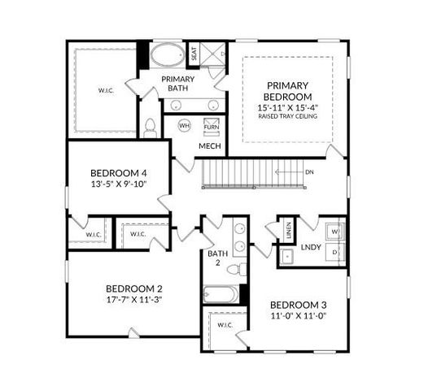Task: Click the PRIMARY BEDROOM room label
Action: pos(286,90)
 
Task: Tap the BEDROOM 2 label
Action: pos(134,288)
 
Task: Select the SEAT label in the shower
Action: pos(194,54)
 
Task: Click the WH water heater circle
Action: pos(184,127)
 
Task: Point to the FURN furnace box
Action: pos(211,128)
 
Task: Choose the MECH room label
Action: pos(210,146)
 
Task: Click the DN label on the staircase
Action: pos(309,172)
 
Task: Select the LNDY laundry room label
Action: pos(309,246)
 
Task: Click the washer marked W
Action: pos(333,231)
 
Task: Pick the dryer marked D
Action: pos(333,253)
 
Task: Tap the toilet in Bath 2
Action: pos(233,268)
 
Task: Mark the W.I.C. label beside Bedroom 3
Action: pos(225,325)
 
